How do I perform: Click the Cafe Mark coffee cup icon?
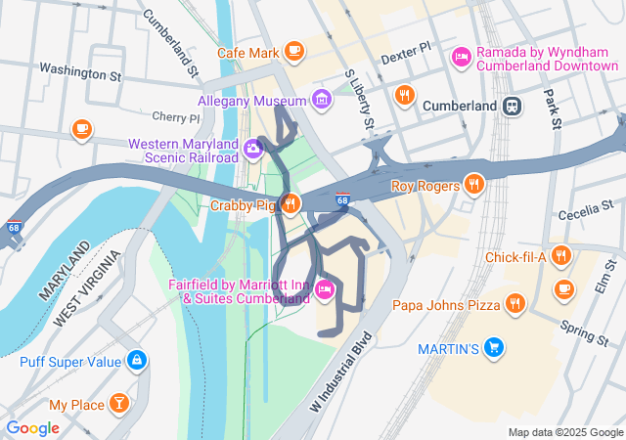[x=293, y=52]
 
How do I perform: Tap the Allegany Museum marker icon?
[x=320, y=100]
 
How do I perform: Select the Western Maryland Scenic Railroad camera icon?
[x=253, y=149]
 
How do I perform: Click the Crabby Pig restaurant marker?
[x=290, y=204]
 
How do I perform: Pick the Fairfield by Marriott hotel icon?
[x=326, y=289]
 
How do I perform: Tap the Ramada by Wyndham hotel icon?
[x=461, y=58]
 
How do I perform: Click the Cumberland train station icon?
[x=510, y=106]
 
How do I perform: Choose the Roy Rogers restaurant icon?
[x=474, y=184]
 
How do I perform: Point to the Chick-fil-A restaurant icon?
[x=560, y=257]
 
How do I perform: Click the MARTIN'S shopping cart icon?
[x=495, y=347]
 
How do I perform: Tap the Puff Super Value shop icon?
[x=136, y=361]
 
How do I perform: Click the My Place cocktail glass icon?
[x=117, y=403]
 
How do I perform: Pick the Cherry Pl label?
[x=176, y=117]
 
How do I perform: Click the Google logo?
[x=33, y=427]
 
